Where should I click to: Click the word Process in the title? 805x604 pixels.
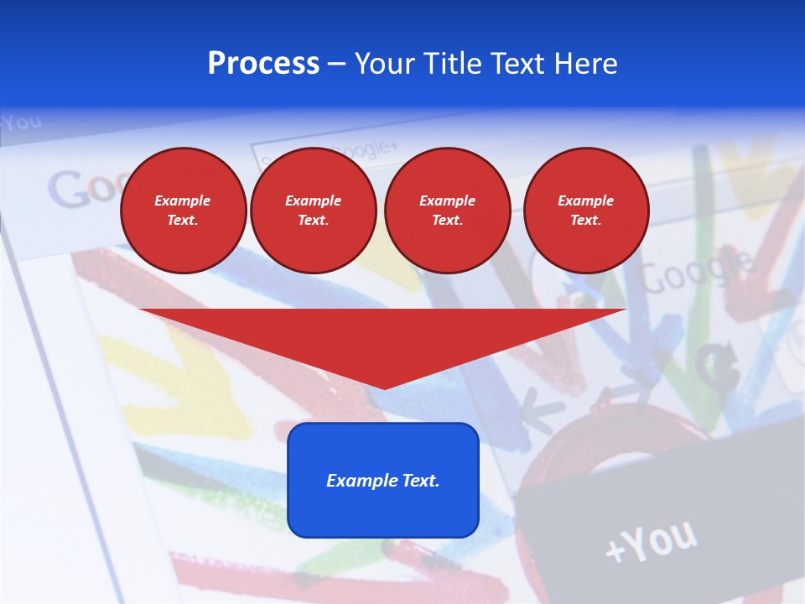[x=263, y=64]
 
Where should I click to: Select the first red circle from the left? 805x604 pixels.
[x=184, y=211]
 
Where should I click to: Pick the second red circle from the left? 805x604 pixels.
[x=314, y=211]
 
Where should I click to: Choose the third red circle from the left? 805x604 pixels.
[x=448, y=211]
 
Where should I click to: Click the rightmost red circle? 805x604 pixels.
[x=586, y=211]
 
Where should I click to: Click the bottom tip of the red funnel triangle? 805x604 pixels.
[x=384, y=388]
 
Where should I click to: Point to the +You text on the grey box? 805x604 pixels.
[x=650, y=541]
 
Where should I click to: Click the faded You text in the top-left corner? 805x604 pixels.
[x=22, y=122]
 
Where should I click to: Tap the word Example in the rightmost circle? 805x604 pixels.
[x=586, y=200]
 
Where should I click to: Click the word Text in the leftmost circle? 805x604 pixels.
[x=184, y=221]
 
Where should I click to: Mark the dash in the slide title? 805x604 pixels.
[x=337, y=65]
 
